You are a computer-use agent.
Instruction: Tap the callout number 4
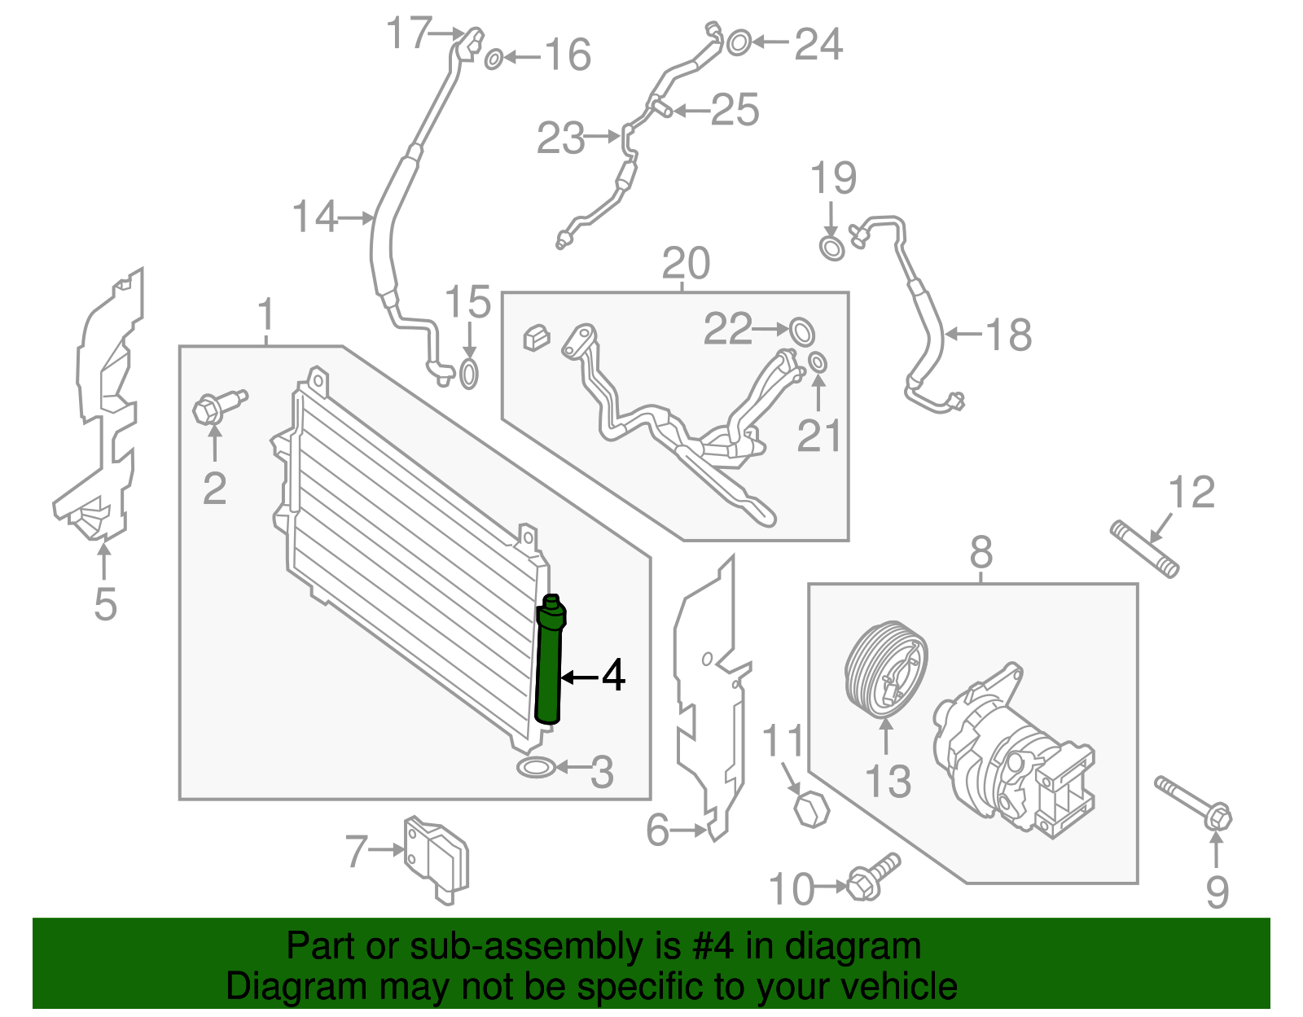(x=613, y=676)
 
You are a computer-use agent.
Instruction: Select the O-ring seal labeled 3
(x=536, y=767)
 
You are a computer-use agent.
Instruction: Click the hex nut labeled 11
(x=811, y=809)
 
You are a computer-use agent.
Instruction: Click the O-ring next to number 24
(x=738, y=42)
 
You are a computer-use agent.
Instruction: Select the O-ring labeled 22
(x=802, y=331)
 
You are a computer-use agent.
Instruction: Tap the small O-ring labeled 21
(x=818, y=362)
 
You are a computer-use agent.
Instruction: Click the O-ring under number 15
(x=469, y=375)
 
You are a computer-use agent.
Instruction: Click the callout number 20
(x=686, y=264)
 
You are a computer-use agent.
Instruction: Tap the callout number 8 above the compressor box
(x=981, y=553)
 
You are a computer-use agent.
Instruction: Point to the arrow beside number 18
(x=963, y=334)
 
